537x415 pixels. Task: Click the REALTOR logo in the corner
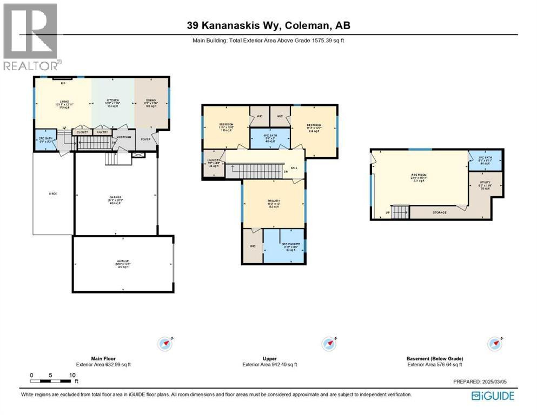30,36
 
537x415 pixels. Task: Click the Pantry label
101,132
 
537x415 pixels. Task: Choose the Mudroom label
124,137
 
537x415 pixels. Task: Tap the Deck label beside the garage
52,193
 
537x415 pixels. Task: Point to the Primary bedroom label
273,203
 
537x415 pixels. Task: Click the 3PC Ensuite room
283,246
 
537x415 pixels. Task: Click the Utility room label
485,186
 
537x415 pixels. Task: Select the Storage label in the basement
439,213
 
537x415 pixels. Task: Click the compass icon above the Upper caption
328,343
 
